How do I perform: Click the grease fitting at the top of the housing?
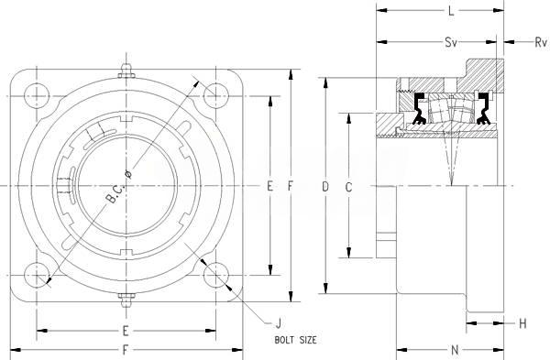126,71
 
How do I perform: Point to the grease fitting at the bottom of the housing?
126,300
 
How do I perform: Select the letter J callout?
279,322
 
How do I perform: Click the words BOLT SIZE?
295,340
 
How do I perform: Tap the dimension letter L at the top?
451,11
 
